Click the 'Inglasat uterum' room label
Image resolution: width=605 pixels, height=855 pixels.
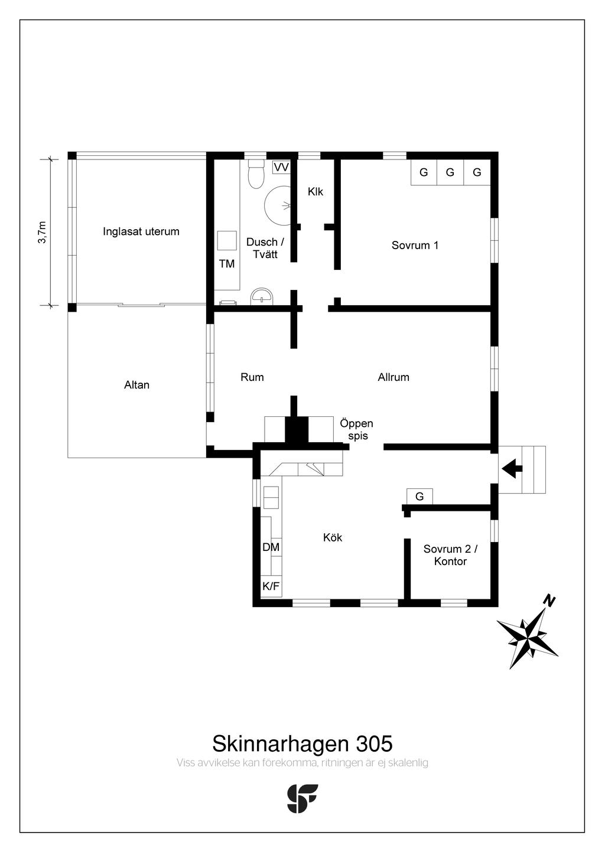[x=141, y=231]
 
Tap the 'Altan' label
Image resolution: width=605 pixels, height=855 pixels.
[x=136, y=385]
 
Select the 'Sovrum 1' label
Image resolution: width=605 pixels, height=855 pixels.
[x=415, y=245]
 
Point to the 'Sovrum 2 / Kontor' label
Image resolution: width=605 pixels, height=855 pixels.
[x=450, y=555]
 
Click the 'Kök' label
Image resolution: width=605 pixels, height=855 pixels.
[x=333, y=537]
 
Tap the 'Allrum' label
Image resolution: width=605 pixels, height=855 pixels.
[x=393, y=377]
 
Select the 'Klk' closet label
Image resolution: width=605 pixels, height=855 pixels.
[x=315, y=192]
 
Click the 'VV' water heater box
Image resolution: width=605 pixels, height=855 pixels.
[x=281, y=167]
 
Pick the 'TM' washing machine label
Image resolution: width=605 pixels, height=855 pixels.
[x=227, y=264]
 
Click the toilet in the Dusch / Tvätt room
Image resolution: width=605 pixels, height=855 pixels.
[x=256, y=177]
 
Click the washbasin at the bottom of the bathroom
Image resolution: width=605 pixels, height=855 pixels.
[x=262, y=296]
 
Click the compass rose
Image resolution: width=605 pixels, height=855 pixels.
[x=528, y=638]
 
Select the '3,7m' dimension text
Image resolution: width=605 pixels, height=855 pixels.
[x=41, y=232]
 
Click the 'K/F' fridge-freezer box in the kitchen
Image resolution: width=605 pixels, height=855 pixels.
[x=271, y=586]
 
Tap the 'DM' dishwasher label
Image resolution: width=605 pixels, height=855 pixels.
[x=271, y=547]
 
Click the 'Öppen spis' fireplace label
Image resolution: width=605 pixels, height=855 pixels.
[x=357, y=430]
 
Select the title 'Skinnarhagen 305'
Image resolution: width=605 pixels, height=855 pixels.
[x=302, y=743]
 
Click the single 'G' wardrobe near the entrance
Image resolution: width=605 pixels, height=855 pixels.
[x=419, y=497]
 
